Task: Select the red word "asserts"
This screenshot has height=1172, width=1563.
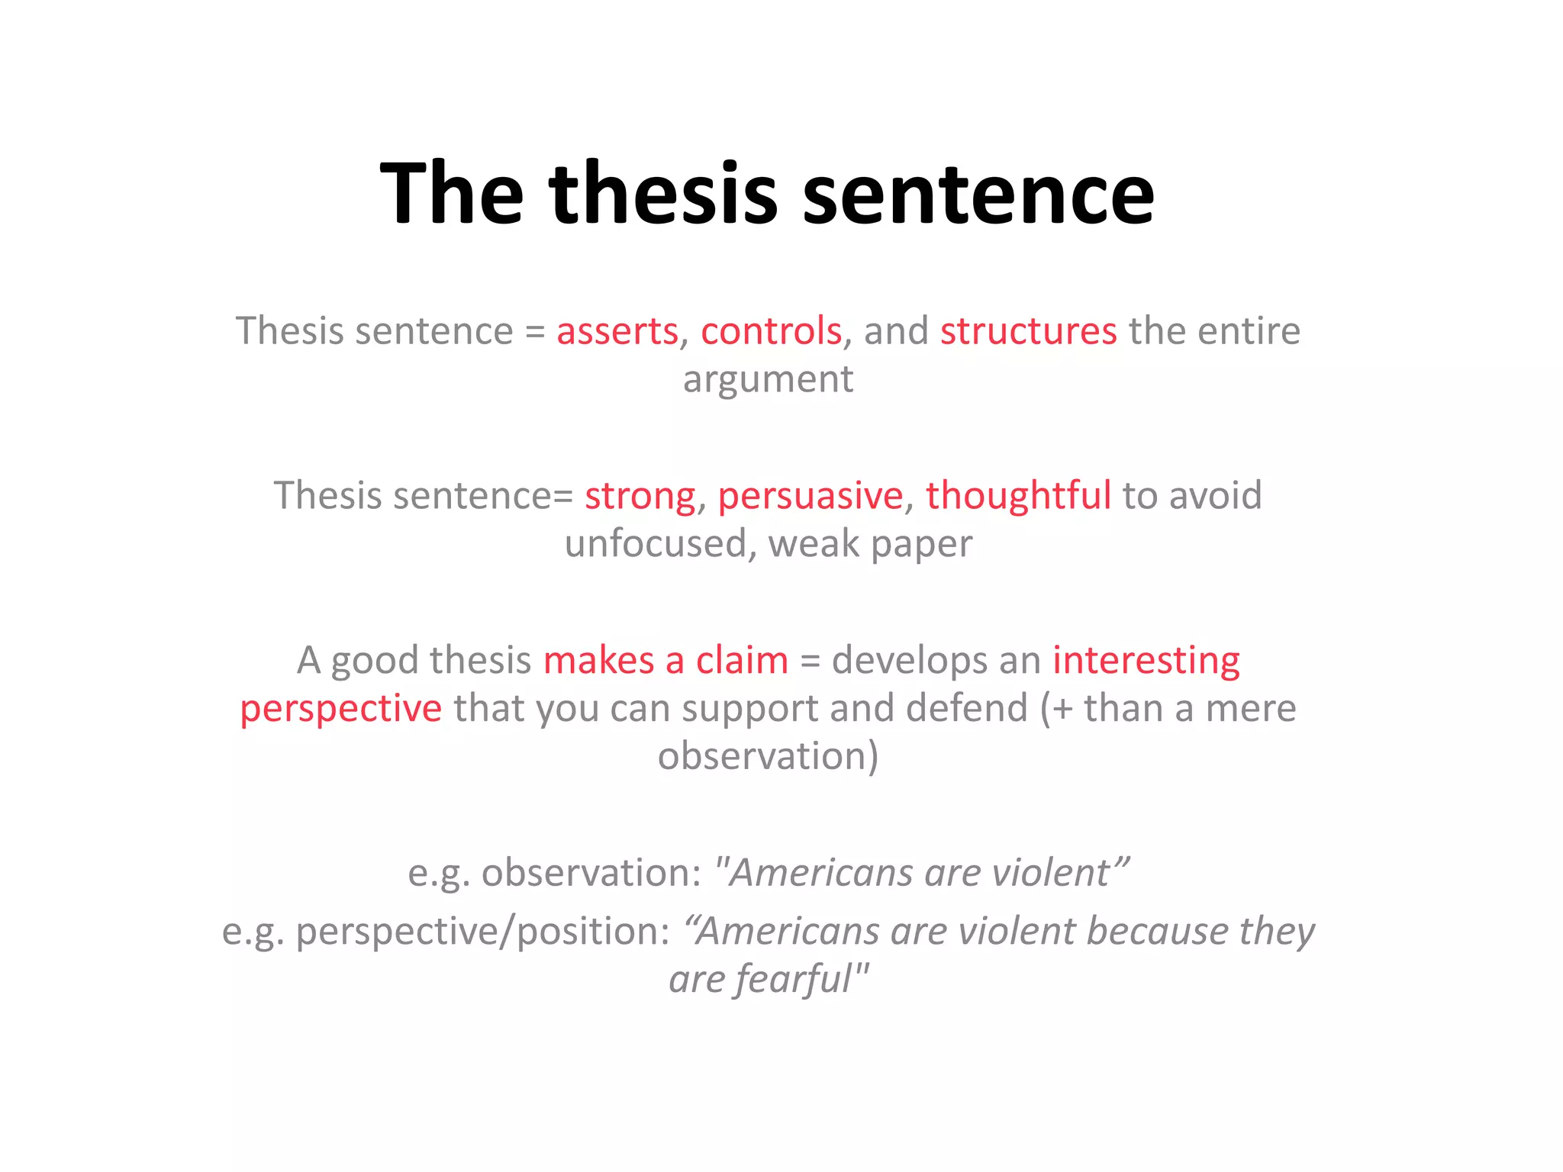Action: pos(617,331)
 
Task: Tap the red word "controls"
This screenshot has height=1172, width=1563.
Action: pos(771,331)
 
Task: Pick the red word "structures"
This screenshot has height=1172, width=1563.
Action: pos(1028,331)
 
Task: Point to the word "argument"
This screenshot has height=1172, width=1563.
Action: pos(768,379)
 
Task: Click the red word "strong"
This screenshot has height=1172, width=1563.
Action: pos(640,496)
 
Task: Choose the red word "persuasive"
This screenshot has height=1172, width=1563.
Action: pos(810,496)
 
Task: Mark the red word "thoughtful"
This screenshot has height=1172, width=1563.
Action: pos(1018,495)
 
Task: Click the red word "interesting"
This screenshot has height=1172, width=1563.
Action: pos(1146,661)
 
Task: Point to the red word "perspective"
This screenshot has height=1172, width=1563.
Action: pos(340,710)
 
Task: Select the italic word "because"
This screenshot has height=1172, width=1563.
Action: pos(1158,931)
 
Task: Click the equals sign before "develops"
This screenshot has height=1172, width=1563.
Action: pos(810,661)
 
